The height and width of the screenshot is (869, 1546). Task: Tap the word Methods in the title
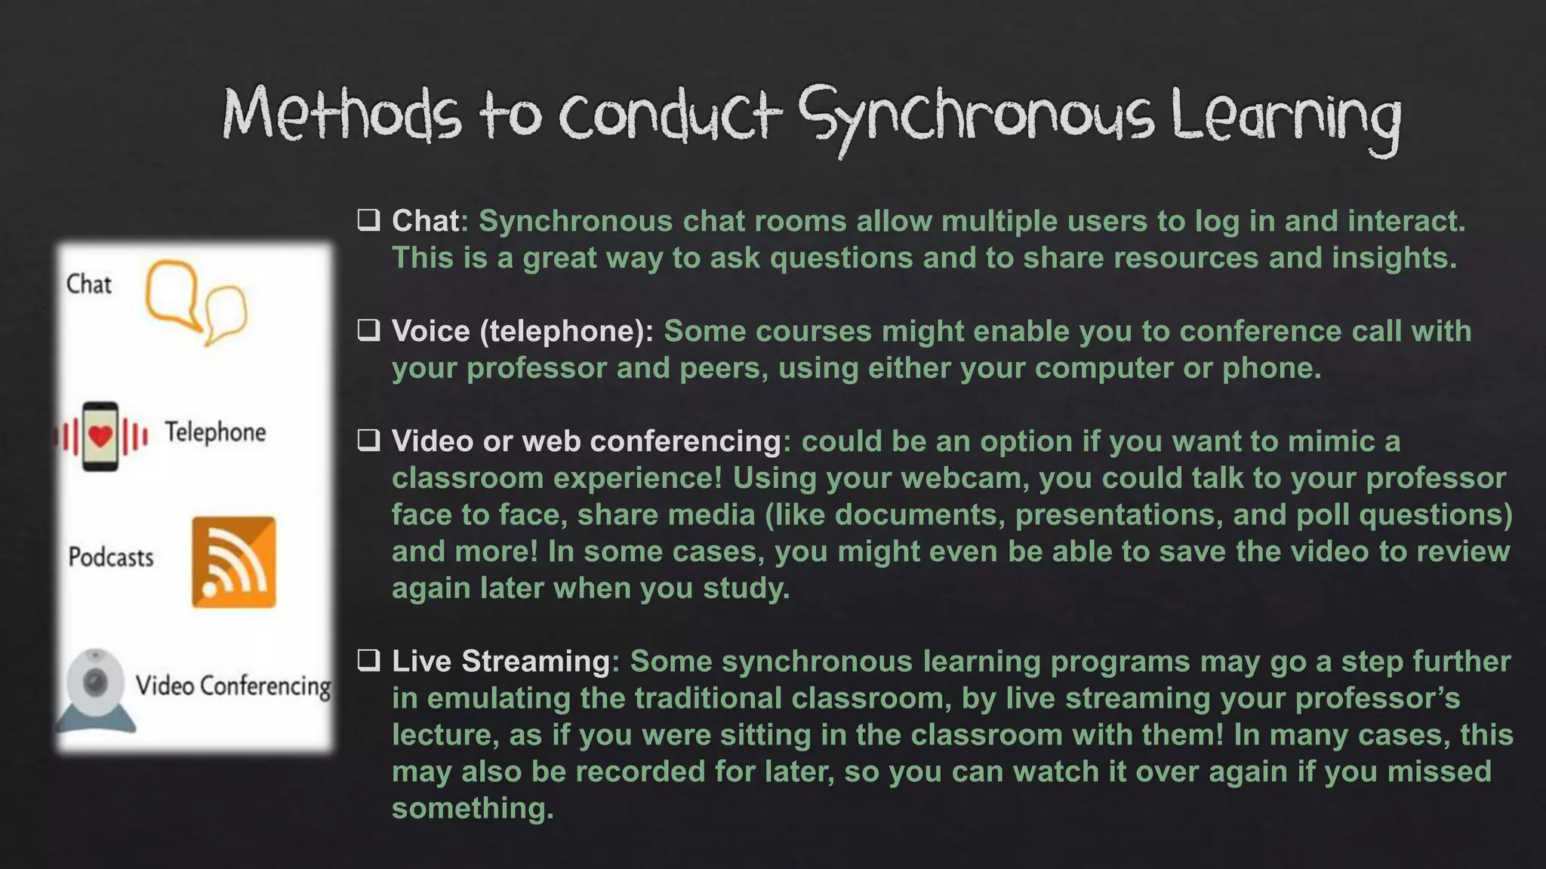(x=341, y=115)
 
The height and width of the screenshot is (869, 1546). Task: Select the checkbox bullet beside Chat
(x=368, y=220)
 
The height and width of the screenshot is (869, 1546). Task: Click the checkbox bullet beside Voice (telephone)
(x=368, y=330)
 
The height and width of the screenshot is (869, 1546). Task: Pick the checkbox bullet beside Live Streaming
(x=368, y=661)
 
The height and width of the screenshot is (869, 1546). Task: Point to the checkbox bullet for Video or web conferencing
(x=368, y=441)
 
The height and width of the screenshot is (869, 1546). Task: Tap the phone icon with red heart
(x=100, y=436)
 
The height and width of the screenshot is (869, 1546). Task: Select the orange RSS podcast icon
(x=233, y=562)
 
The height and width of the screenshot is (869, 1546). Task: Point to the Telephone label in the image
(x=215, y=432)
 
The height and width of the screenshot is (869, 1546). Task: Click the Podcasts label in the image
(x=111, y=557)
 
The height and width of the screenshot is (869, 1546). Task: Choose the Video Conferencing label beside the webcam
(x=233, y=686)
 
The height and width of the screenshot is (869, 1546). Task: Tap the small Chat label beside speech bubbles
(x=88, y=284)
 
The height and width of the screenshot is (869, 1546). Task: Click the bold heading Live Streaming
(x=500, y=661)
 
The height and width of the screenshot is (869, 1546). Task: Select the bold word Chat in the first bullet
(x=425, y=221)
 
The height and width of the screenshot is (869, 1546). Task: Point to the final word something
(x=473, y=809)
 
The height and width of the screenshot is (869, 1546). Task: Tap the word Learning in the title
(x=1286, y=117)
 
